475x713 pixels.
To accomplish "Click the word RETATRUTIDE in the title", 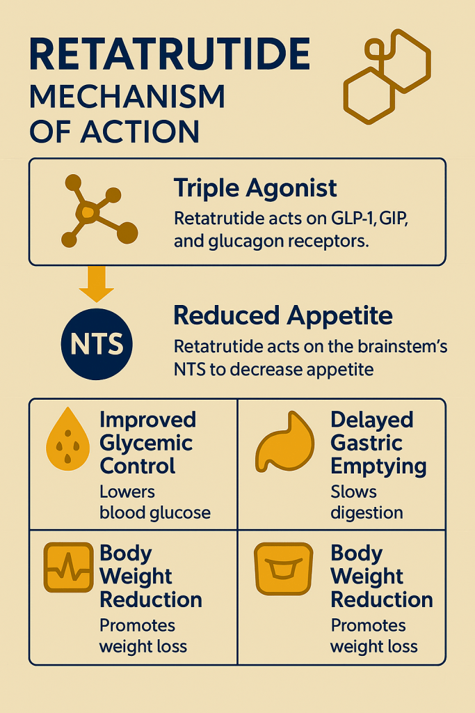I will coord(170,55).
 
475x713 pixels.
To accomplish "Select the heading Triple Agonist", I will coord(255,188).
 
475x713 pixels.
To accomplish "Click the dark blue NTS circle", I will coord(96,344).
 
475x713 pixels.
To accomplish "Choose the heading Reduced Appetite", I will coord(282,316).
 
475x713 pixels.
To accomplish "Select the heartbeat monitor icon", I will coord(68,568).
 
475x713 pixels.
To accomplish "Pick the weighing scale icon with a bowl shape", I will coord(283,568).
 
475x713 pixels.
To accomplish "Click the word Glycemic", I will coord(146,444).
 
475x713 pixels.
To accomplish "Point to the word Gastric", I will coord(366,444).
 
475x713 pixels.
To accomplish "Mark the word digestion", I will coord(367,513).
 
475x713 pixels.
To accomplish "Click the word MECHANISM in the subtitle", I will coord(127,97).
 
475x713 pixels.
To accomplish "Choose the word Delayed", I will coord(371,421).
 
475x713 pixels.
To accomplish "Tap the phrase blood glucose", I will coord(154,513).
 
